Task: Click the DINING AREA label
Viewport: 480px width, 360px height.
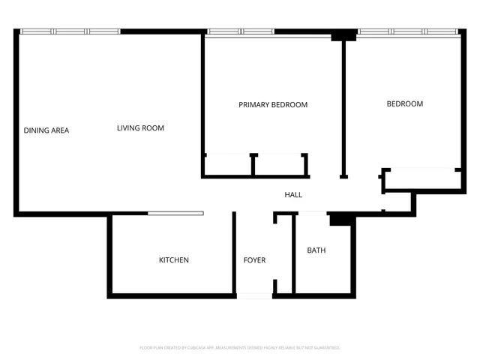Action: click(x=46, y=130)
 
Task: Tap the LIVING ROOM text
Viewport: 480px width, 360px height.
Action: click(x=140, y=128)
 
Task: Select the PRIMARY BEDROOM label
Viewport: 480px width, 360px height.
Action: click(x=273, y=105)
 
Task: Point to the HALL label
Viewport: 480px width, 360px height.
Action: click(x=293, y=195)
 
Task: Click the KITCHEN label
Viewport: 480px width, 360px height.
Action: click(x=173, y=260)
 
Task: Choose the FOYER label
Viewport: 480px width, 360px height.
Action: click(x=254, y=260)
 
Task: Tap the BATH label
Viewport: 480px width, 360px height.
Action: click(x=316, y=250)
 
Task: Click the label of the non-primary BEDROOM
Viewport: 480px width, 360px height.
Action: click(x=404, y=104)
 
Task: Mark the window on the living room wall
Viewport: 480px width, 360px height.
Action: click(x=70, y=31)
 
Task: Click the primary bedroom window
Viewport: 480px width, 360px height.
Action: click(x=241, y=31)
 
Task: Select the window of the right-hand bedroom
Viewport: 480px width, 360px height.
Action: click(x=409, y=31)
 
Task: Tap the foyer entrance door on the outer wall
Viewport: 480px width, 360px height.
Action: click(x=254, y=296)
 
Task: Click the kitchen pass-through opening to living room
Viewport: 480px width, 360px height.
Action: click(x=175, y=214)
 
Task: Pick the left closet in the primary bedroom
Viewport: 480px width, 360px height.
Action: click(x=227, y=165)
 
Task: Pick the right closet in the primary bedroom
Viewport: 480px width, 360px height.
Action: click(x=279, y=165)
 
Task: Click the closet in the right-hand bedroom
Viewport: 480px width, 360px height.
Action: click(x=422, y=178)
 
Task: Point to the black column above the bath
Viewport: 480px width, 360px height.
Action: click(x=340, y=219)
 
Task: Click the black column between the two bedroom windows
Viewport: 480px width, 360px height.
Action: click(x=345, y=34)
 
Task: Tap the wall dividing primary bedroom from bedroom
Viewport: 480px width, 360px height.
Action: click(x=343, y=105)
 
